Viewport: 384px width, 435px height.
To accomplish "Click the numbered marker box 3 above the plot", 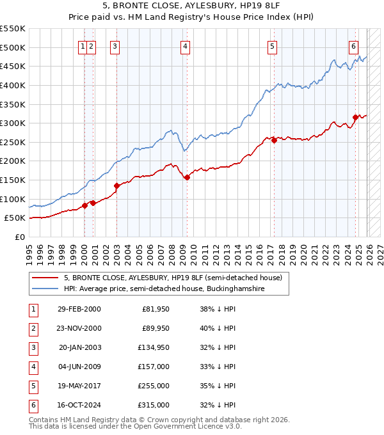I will pos(115,45).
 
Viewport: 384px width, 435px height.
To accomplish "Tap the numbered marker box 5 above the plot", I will pos(273,45).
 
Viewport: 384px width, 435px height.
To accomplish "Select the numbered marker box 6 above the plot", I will pos(353,45).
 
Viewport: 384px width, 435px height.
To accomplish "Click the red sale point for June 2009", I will pos(187,177).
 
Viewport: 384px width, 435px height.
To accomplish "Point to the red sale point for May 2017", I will pos(274,140).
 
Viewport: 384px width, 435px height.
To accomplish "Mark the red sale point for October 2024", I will pos(356,117).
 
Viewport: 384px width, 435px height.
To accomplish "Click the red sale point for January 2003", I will pos(117,186).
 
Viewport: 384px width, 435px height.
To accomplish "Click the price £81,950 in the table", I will pos(156,309).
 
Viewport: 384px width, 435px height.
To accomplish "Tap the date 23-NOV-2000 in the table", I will pos(79,328).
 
